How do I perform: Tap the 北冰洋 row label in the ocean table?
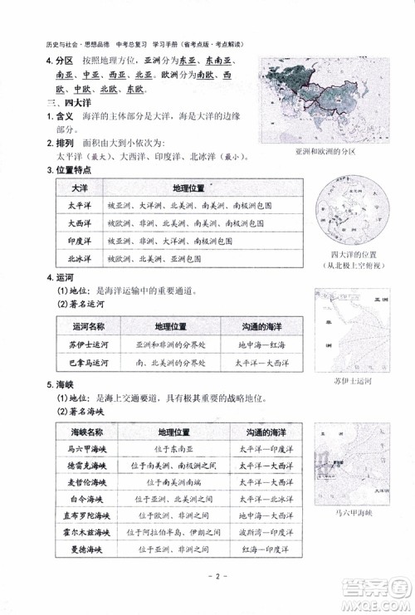tap(79, 260)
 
